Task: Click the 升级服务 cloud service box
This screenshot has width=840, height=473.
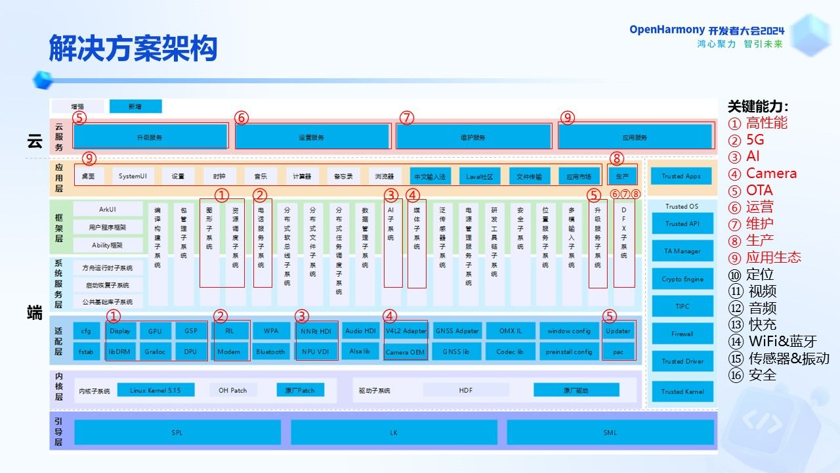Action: click(x=150, y=137)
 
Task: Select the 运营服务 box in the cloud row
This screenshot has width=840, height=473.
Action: click(x=312, y=137)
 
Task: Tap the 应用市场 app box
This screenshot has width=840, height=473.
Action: click(x=579, y=176)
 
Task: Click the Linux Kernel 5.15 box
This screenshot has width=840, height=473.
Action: click(x=155, y=390)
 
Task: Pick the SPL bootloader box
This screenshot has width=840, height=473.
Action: click(x=177, y=432)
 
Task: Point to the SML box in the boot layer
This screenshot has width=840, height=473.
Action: click(x=610, y=432)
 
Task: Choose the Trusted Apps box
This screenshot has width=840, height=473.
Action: click(x=681, y=176)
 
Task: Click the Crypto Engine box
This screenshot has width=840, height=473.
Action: click(x=682, y=279)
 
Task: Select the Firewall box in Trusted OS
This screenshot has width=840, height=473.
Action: click(x=682, y=334)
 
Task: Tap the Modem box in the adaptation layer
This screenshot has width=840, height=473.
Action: click(x=229, y=351)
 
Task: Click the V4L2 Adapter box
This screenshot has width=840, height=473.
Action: click(x=406, y=330)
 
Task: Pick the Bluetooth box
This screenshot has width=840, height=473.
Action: click(x=270, y=351)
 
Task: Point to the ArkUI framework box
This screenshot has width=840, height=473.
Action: click(x=108, y=209)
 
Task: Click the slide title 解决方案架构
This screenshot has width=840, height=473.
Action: click(x=133, y=49)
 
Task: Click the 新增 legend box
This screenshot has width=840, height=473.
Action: click(x=135, y=106)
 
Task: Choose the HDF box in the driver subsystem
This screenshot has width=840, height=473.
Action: click(x=465, y=390)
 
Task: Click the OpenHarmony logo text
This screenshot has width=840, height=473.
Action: click(x=667, y=30)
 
